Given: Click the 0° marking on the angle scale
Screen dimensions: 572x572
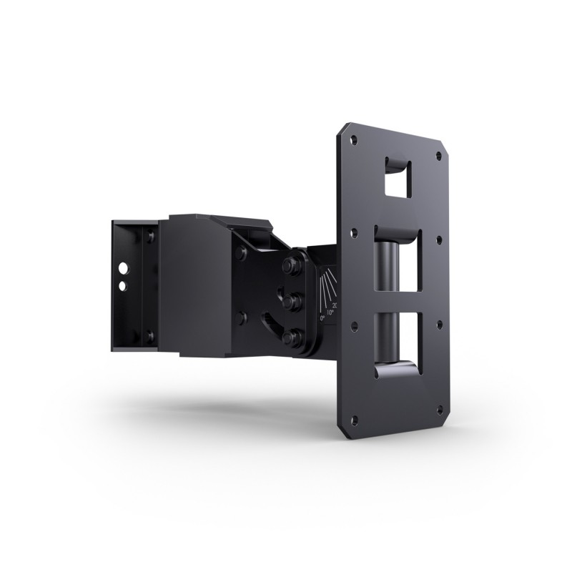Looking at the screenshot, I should (322, 320).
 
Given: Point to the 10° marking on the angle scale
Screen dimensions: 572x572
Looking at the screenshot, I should (330, 312).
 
